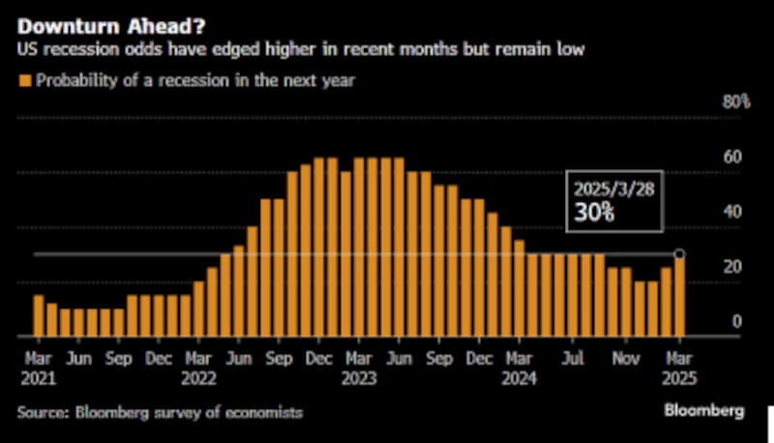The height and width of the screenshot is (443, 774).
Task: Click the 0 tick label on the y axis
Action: coord(736,321)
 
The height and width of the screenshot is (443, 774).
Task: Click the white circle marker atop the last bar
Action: coord(679,254)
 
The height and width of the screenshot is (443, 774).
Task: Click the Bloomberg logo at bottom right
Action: coord(703,411)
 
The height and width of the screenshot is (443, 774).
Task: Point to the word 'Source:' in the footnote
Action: coord(43,412)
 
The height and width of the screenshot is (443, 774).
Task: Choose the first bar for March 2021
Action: coord(39,315)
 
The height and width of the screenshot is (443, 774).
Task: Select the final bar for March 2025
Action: coord(679,295)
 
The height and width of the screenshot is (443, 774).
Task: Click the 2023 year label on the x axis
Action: coord(358,379)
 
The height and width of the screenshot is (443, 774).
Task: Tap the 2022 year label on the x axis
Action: coord(198,379)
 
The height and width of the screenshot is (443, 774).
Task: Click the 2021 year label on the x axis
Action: coord(39,379)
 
